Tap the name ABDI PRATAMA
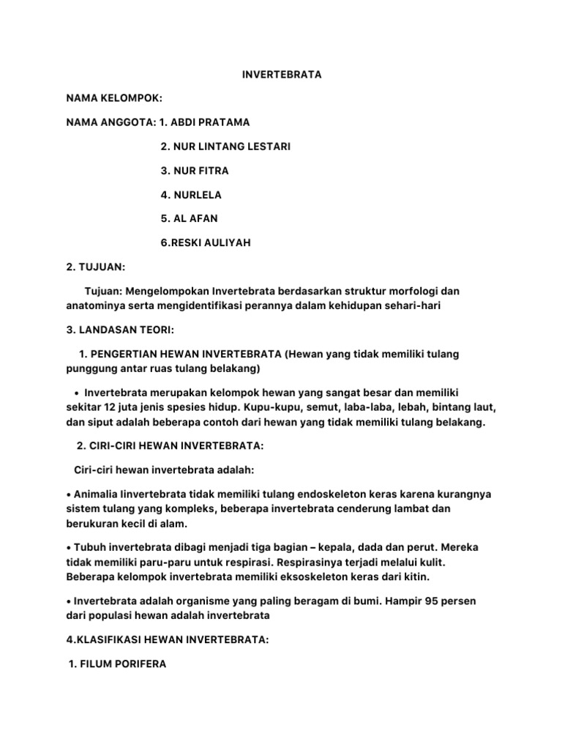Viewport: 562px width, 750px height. click(216, 122)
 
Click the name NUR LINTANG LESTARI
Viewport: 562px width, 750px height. click(225, 146)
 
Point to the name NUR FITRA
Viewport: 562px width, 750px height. click(194, 171)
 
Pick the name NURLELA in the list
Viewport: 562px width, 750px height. click(190, 195)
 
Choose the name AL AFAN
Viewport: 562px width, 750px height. click(189, 218)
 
